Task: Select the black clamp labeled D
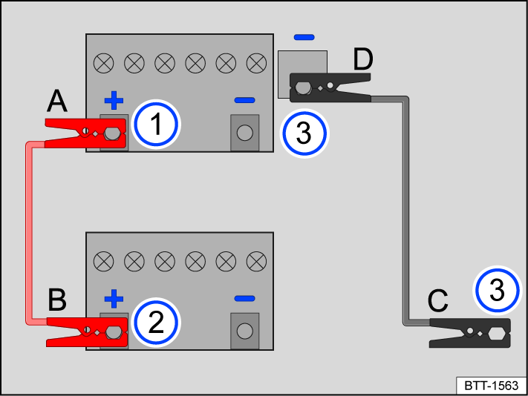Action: tap(330, 90)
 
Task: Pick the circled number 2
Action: tap(157, 323)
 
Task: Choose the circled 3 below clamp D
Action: tap(304, 133)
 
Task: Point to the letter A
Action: tap(59, 101)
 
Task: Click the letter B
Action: tap(59, 300)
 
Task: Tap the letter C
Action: tap(438, 302)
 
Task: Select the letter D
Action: tap(362, 59)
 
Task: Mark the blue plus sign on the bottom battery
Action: tap(113, 299)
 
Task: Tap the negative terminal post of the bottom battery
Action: tap(244, 331)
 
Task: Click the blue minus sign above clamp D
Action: tap(304, 36)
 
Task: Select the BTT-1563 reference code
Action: tap(490, 386)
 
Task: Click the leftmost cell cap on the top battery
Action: tap(103, 63)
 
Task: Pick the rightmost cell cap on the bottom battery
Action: tap(255, 261)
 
